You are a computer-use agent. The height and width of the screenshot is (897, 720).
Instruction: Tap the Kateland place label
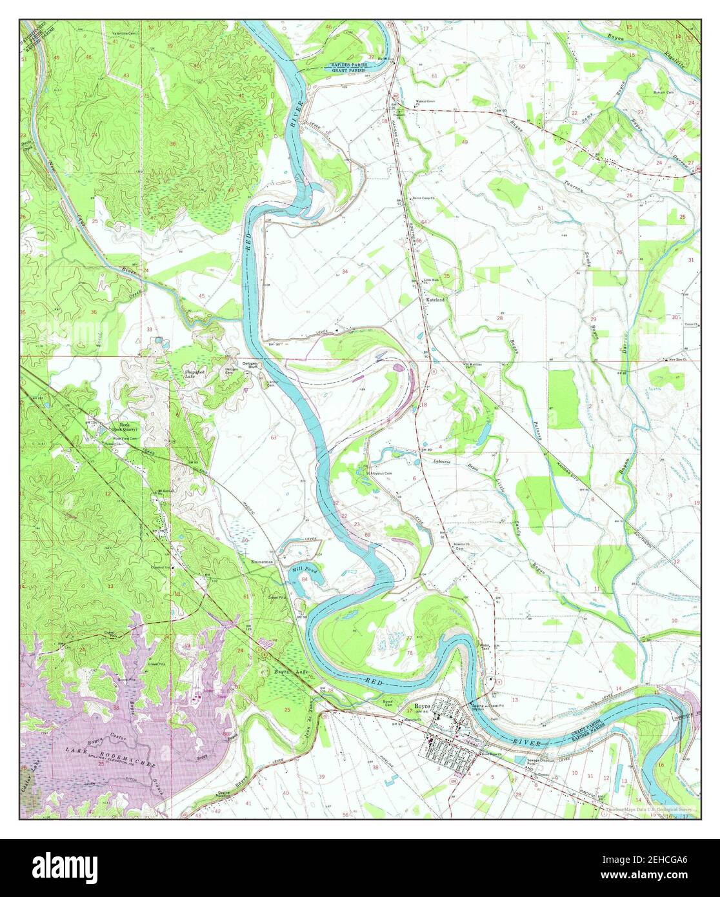[x=435, y=300]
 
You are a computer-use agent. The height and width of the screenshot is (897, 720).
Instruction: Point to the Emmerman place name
[x=262, y=562]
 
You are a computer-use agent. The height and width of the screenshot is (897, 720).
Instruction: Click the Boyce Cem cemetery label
[x=388, y=703]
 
